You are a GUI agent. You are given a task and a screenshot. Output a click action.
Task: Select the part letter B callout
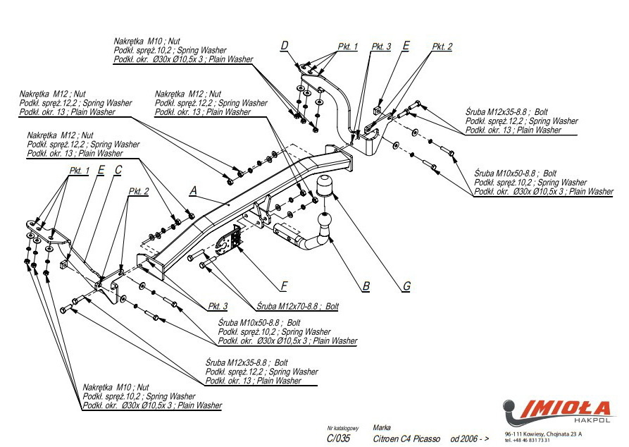point(366,286)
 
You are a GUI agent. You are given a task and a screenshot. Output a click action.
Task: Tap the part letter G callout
point(406,286)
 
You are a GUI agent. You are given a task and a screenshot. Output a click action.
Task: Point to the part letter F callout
point(283,286)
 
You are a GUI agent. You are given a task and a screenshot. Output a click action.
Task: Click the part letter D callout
point(285,47)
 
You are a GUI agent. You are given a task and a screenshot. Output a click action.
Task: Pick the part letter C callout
point(118,169)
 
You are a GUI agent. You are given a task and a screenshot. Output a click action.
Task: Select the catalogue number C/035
point(338,439)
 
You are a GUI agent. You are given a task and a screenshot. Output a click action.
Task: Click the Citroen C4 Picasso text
point(406,439)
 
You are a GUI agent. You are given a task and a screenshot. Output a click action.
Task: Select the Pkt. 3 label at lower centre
point(218,306)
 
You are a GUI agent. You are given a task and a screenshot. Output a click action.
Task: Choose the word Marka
point(382,427)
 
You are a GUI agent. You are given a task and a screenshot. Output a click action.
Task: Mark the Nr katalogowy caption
point(343,428)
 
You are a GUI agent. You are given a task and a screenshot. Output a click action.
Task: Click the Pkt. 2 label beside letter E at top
point(442,47)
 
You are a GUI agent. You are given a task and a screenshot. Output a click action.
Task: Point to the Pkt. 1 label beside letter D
point(348,47)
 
